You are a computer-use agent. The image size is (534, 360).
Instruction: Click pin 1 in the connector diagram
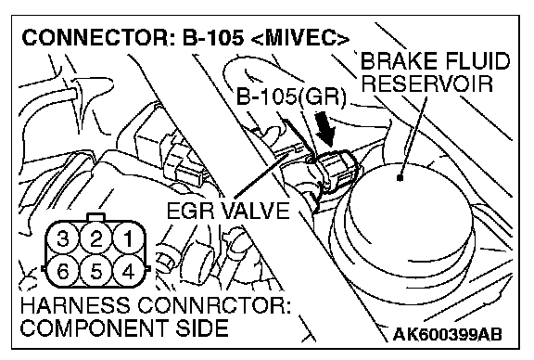point(129,238)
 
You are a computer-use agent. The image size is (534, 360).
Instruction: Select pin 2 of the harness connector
point(96,238)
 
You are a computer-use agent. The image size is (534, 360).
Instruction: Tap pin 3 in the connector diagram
point(63,238)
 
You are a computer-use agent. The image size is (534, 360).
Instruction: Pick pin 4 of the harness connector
point(129,272)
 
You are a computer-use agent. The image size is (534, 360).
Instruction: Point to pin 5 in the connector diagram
point(96,272)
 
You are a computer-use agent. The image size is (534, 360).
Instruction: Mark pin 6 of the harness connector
point(63,272)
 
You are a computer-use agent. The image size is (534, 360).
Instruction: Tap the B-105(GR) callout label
point(291,96)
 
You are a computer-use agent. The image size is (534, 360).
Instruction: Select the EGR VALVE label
point(228,211)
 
